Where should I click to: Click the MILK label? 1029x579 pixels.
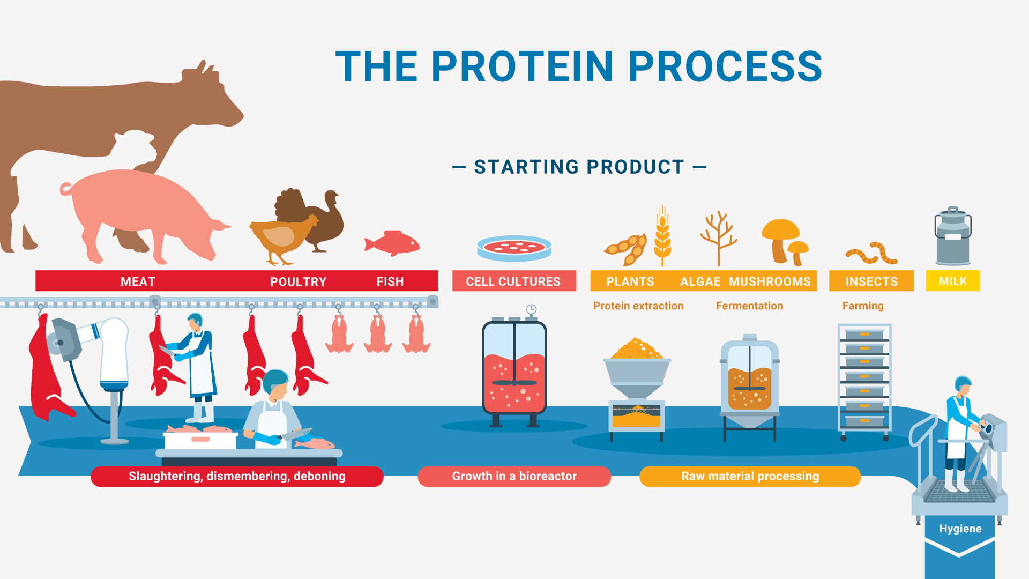pos(953,281)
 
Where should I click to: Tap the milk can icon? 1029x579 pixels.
pos(953,237)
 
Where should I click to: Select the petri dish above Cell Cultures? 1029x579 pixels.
pos(514,248)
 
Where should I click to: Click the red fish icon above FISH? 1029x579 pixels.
pos(393,243)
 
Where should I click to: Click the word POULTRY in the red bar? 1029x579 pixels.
pos(298,281)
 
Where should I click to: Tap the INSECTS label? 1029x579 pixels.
pos(871,281)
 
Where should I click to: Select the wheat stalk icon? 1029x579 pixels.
pos(662,236)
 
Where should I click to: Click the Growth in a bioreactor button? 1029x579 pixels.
pos(514,476)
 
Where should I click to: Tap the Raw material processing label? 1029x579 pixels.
pos(750,476)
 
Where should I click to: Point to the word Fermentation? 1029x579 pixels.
pos(749,306)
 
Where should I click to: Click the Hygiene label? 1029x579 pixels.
pos(960,529)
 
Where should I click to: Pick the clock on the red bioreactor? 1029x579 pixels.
pos(531,309)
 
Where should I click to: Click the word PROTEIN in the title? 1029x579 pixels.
pos(523,67)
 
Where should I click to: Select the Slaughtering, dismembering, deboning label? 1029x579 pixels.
pos(237,476)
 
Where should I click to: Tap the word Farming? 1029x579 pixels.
pos(862,306)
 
